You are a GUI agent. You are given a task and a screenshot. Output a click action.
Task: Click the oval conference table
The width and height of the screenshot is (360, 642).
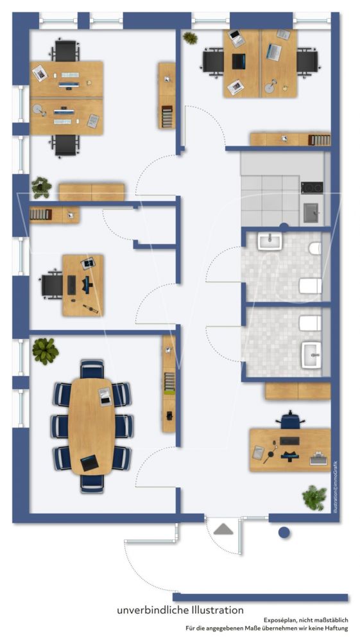(91, 426)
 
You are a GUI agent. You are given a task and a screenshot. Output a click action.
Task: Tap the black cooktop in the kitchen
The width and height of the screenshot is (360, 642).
(312, 188)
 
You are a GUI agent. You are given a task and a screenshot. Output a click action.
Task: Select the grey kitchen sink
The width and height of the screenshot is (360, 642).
(314, 213)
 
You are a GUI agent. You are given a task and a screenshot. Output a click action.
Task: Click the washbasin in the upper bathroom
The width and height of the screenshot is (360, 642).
(270, 241)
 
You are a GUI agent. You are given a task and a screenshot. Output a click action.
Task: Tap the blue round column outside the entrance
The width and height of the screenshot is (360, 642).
(284, 532)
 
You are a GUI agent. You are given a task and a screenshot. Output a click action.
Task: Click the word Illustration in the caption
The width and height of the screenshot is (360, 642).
(218, 610)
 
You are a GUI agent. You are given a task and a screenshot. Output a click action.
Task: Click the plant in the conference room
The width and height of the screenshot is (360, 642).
(45, 351)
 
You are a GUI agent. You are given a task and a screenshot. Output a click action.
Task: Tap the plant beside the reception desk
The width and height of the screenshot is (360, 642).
(314, 498)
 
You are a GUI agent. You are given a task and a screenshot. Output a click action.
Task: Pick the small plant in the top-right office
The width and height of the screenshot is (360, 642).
(190, 38)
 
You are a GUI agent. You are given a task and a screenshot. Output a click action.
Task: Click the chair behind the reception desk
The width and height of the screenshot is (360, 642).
(291, 420)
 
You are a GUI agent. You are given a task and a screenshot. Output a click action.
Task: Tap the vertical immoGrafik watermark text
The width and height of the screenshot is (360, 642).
(336, 487)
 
